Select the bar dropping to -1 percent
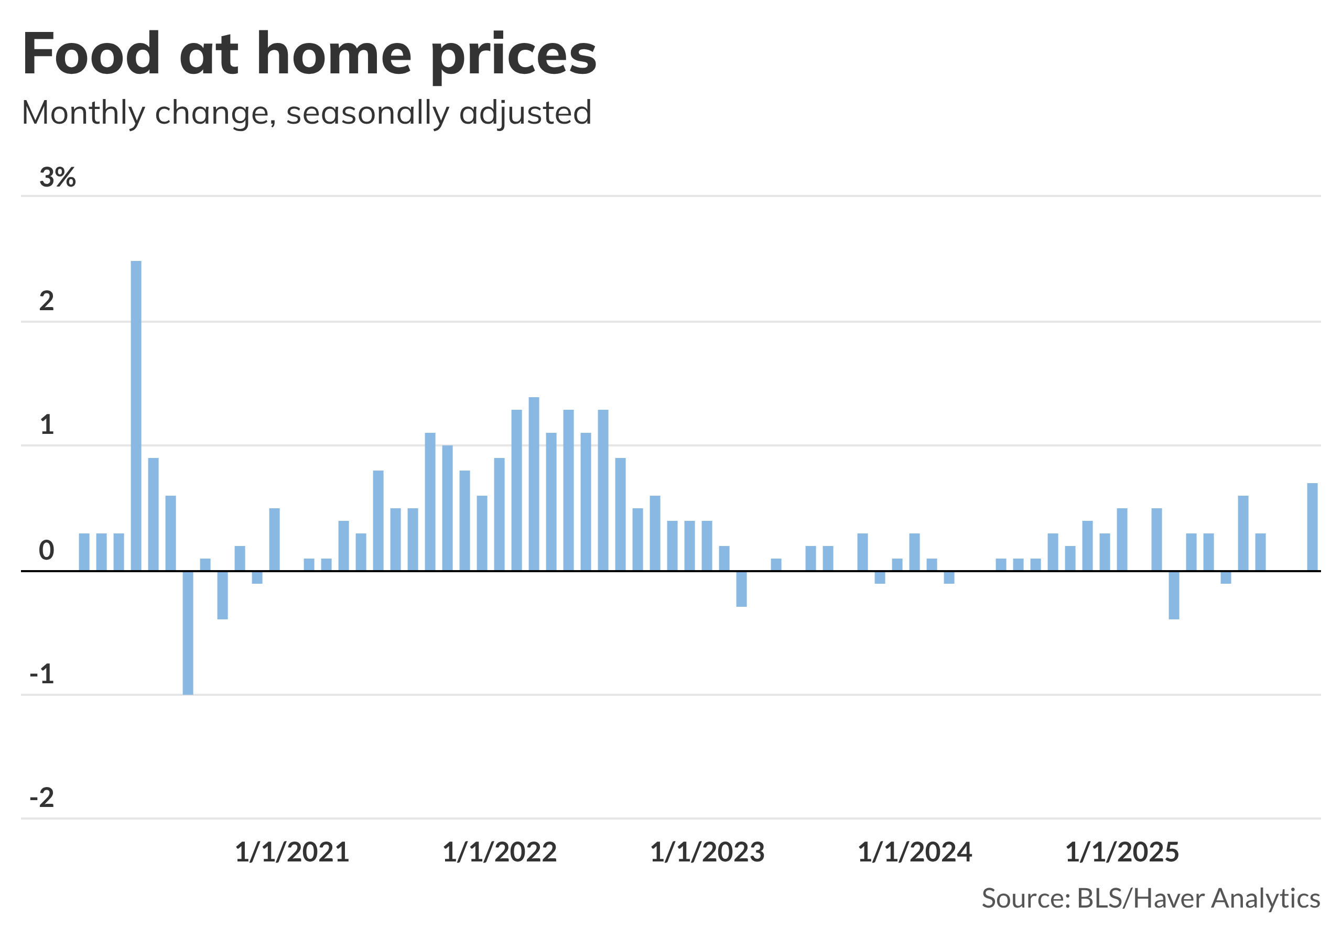pos(188,632)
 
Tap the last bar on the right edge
pos(1312,527)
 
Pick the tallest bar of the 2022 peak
pos(534,483)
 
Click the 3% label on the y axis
pos(57,177)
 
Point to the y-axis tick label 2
pos(46,301)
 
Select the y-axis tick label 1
pos(47,425)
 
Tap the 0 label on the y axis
pos(46,550)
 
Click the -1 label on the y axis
pos(41,674)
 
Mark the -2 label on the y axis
pos(41,798)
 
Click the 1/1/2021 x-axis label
pos(291,853)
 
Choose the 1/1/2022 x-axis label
pos(499,853)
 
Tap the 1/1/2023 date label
pos(707,853)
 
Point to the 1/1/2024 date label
pos(914,853)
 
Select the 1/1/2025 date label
pos(1122,853)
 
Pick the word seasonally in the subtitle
pos(367,113)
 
